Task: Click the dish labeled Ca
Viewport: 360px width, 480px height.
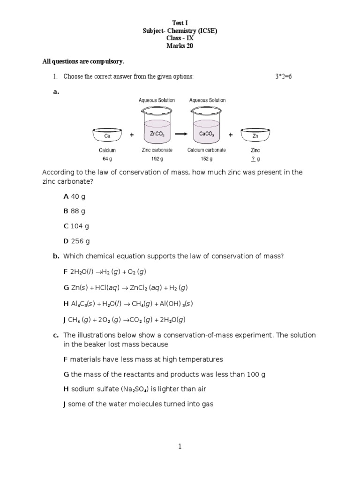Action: point(107,135)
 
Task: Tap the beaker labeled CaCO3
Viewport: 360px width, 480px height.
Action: point(207,125)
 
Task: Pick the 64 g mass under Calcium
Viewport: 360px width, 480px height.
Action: point(107,158)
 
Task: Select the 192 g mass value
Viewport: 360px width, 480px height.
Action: point(157,158)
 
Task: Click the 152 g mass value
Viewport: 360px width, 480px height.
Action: point(206,158)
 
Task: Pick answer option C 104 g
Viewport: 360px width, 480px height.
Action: point(76,226)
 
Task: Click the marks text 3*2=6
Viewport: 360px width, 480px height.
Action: point(284,76)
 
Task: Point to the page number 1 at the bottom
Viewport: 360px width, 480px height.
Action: point(180,447)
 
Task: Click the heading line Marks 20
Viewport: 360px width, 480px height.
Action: point(180,46)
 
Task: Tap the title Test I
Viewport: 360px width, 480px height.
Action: point(180,23)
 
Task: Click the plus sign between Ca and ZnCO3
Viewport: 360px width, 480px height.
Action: point(132,135)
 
